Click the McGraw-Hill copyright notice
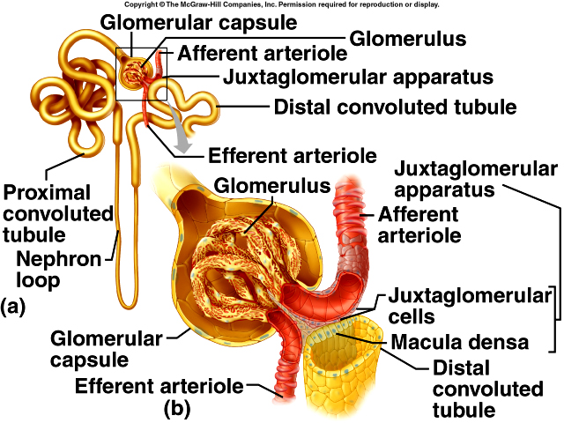(x=281, y=4)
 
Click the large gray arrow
(x=182, y=134)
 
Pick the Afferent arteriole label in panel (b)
(x=418, y=225)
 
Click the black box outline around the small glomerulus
(x=118, y=70)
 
